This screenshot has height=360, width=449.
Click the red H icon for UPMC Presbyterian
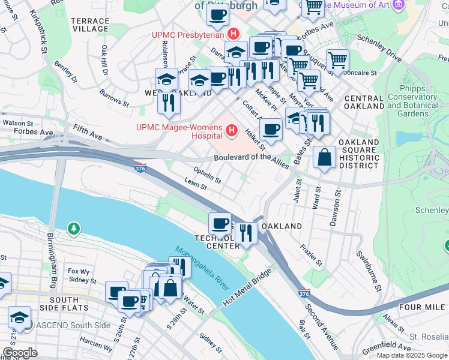234,34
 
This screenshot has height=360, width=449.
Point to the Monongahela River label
202,269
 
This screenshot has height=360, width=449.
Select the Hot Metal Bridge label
247,287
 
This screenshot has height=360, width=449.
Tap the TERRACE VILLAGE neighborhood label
90,24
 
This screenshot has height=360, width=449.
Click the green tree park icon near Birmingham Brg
73,228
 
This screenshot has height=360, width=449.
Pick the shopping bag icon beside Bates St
324,157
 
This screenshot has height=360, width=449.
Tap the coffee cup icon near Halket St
271,129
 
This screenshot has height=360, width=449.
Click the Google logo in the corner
20,353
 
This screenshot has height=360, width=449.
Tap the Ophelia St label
207,175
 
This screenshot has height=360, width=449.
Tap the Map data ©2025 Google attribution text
411,355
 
